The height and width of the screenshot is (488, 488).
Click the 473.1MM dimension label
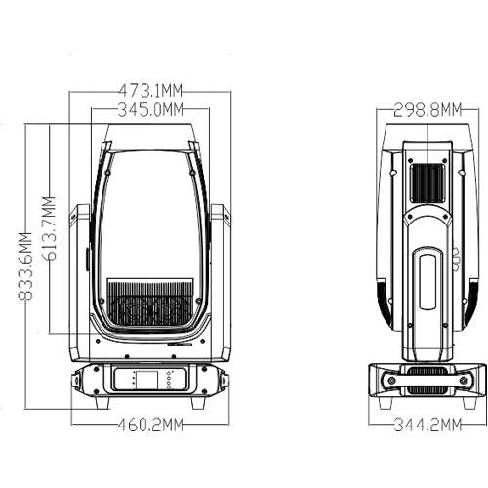click(150, 91)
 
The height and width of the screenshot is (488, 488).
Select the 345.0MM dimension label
click(150, 109)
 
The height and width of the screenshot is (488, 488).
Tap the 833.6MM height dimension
click(25, 266)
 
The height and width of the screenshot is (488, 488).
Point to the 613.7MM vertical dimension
click(49, 228)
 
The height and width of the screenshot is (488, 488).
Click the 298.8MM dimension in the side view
click(427, 110)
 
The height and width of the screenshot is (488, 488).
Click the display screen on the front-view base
click(146, 380)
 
